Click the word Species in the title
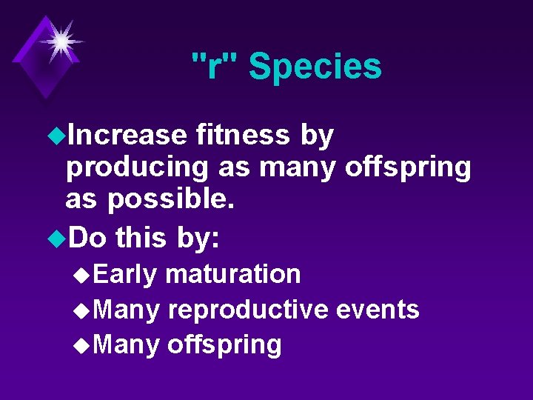[315, 67]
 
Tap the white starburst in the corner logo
[58, 41]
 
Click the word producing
[137, 168]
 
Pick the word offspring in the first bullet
[407, 168]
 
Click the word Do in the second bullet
[87, 239]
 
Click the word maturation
[233, 274]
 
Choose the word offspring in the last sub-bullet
[224, 344]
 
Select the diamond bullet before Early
[83, 275]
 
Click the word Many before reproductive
[127, 310]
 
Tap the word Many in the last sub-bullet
[127, 344]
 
